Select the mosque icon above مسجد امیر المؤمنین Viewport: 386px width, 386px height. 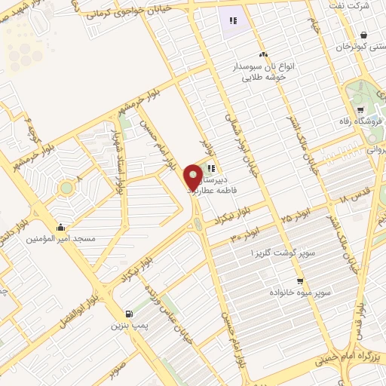pos(60,226)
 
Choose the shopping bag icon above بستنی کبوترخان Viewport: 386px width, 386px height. pos(363,35)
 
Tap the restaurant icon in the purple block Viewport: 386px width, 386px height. pos(233,21)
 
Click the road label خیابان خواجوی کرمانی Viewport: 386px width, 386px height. pos(132,10)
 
